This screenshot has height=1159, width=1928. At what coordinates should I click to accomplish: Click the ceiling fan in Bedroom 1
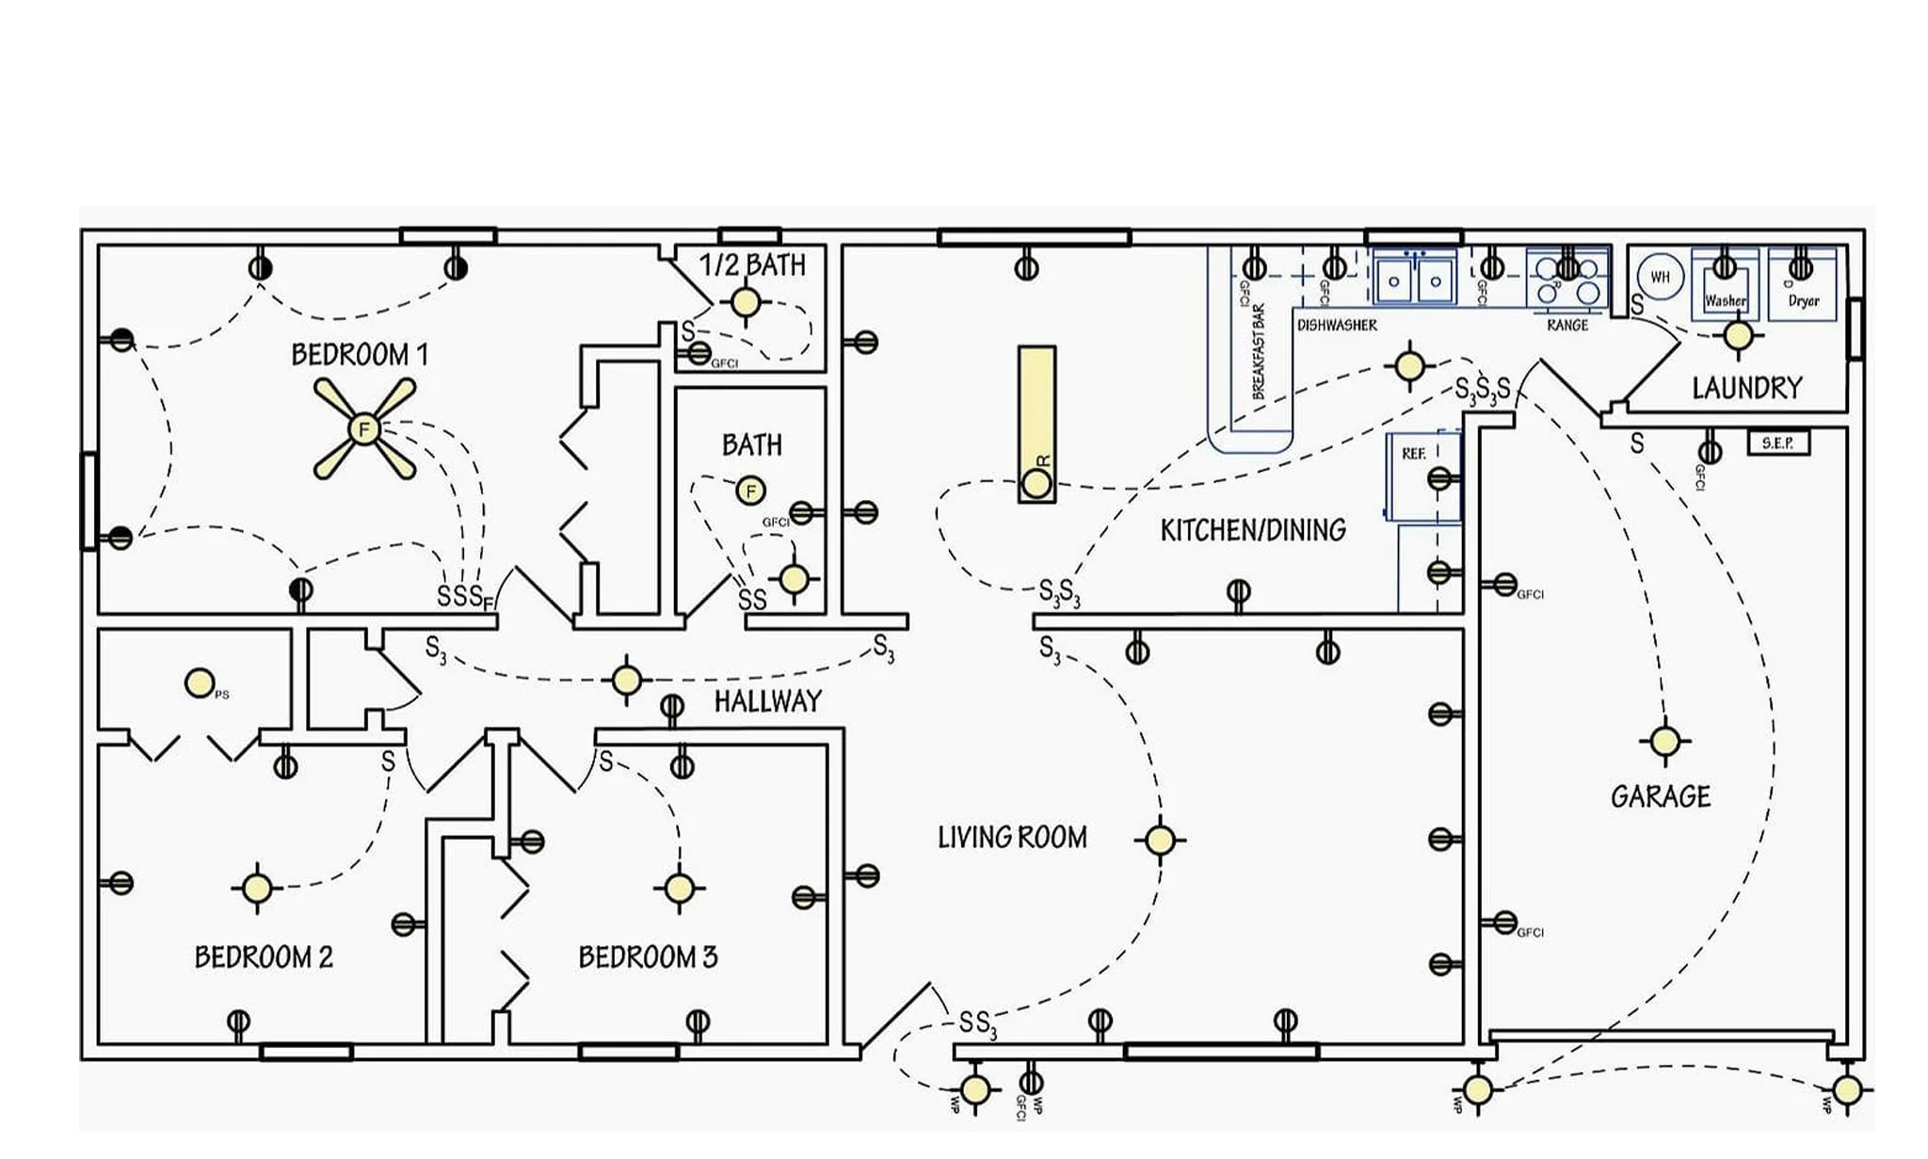point(364,430)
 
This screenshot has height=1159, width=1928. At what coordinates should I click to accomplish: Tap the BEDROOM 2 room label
point(264,958)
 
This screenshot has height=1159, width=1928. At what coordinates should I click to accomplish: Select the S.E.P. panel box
point(1777,443)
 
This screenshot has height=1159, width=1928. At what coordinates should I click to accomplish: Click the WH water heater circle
point(1660,277)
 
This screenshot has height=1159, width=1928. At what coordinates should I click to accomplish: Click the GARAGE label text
point(1661,797)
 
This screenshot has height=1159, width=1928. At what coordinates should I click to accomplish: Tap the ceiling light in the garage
point(1664,741)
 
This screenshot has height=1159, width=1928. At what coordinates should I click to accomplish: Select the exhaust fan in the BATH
point(750,491)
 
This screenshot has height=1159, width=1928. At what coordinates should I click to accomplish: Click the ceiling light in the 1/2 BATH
point(746,302)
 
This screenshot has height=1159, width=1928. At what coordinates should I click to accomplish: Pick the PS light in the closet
point(200,684)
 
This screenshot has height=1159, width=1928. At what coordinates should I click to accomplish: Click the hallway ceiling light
point(627,680)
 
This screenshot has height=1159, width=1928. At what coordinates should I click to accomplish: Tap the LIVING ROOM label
point(1012,837)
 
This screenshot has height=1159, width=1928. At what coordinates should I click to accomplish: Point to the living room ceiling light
point(1160,840)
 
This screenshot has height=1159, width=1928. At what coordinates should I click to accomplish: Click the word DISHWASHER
point(1337,325)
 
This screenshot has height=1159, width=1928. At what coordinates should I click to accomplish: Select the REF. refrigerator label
point(1414,454)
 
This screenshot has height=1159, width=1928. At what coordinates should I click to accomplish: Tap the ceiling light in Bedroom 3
point(679,888)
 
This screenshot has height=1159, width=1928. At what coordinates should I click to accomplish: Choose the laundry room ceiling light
point(1738,335)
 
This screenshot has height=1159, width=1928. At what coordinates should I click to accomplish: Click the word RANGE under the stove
point(1567,325)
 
